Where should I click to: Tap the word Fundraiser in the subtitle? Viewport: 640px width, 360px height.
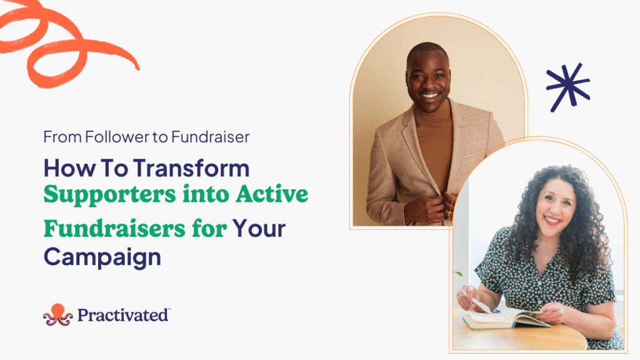click(210, 137)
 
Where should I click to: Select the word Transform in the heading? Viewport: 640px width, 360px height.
click(191, 168)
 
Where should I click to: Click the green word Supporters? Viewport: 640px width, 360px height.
click(110, 195)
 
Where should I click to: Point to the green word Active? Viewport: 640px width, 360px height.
click(272, 194)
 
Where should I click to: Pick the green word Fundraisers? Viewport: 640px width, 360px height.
click(115, 229)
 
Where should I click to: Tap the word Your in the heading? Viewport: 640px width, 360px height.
click(259, 229)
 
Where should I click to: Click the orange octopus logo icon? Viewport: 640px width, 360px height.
click(58, 315)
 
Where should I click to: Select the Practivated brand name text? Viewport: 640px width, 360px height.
click(123, 315)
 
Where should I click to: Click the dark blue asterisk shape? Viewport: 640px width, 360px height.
click(567, 87)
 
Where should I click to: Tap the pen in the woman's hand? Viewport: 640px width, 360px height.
click(478, 302)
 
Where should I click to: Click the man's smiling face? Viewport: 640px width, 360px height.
click(428, 79)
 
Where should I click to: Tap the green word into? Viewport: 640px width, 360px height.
click(206, 194)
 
